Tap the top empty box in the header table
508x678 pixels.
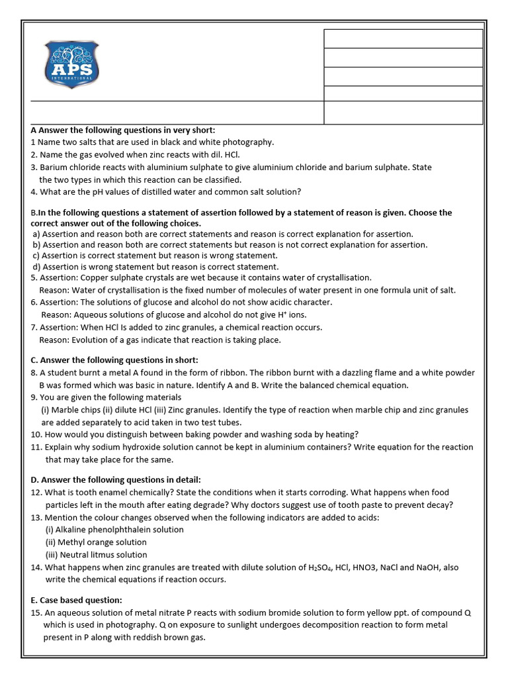403,38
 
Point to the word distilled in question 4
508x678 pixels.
150,192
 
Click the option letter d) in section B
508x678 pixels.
36,266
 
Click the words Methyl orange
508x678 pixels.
87,542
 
